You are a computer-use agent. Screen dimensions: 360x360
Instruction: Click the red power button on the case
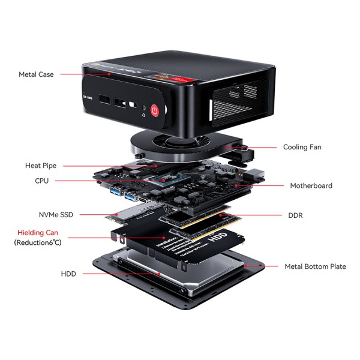point(155,111)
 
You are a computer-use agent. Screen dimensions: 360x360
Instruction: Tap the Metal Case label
point(36,74)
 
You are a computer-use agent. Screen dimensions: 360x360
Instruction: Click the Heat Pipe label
point(41,166)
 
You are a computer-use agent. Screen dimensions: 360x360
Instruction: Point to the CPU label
point(42,181)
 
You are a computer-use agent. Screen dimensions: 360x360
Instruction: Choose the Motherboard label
point(311,186)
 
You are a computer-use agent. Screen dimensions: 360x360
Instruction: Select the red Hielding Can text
point(38,232)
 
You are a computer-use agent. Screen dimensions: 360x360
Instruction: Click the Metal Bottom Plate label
point(315,266)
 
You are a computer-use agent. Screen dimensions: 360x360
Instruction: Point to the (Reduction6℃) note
point(38,242)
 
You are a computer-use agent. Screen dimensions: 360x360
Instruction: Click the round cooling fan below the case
point(171,145)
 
